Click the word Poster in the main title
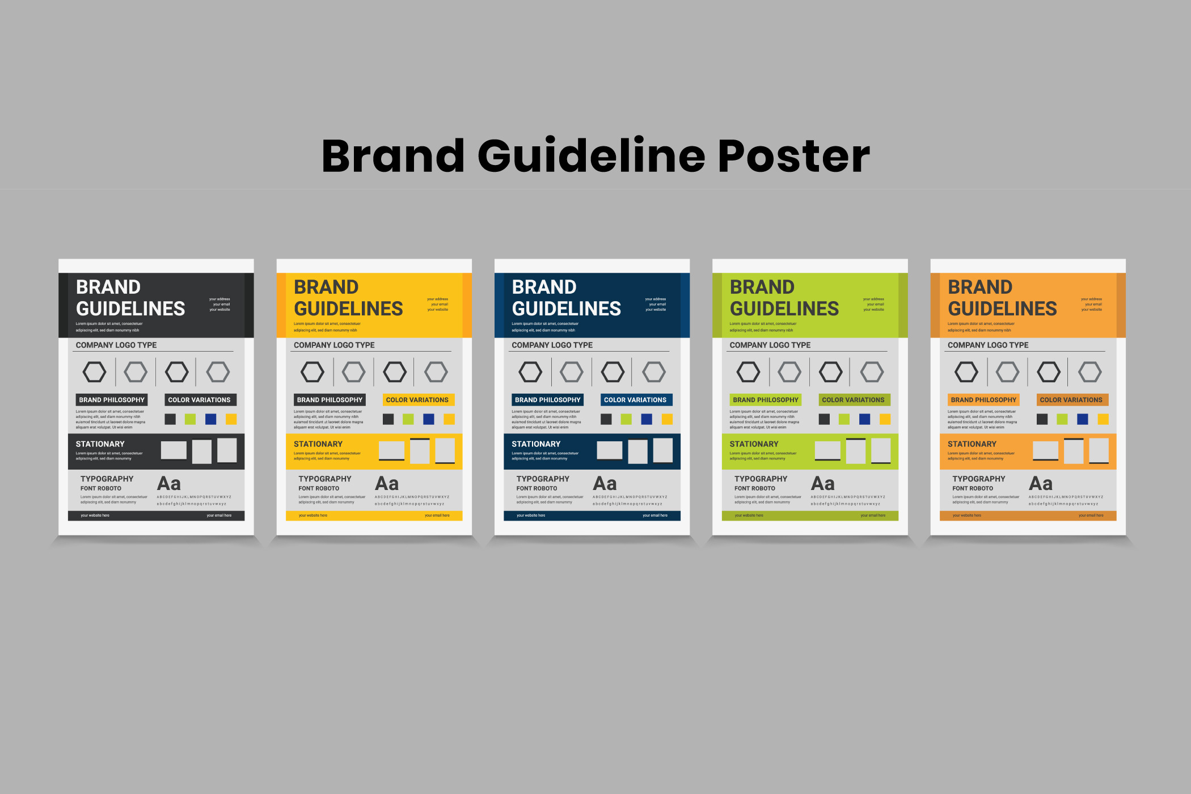click(793, 156)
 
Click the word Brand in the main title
click(393, 156)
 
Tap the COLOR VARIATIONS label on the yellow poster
click(417, 400)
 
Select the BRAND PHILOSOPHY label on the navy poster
click(547, 400)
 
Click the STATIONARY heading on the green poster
click(754, 444)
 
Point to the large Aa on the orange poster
click(1041, 484)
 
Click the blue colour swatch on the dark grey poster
click(210, 419)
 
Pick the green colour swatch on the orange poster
click(1062, 419)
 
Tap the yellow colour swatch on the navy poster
click(667, 419)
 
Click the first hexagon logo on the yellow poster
click(312, 372)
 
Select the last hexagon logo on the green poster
click(872, 372)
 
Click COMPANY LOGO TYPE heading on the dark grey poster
click(116, 345)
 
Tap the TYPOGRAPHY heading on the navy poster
click(543, 479)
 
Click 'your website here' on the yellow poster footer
click(313, 516)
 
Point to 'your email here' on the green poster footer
click(873, 516)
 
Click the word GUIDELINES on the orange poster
click(1002, 309)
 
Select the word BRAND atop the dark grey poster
click(108, 287)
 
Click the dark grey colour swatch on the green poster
click(824, 419)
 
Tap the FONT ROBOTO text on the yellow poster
click(319, 488)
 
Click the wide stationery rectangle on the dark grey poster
click(174, 450)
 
